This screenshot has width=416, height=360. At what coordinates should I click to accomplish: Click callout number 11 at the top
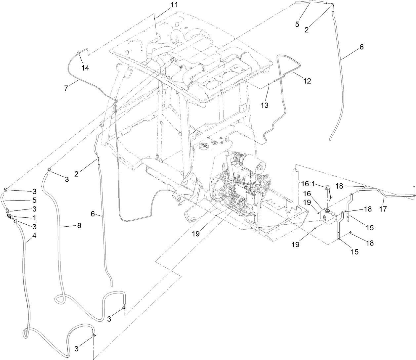(174, 5)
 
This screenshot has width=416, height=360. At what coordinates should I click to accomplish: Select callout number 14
(85, 68)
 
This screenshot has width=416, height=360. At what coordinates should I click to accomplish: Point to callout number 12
(307, 81)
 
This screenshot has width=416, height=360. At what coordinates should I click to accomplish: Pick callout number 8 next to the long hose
(79, 225)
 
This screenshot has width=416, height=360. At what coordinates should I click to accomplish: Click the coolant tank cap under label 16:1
(328, 188)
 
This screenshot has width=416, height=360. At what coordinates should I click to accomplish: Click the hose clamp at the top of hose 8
(50, 170)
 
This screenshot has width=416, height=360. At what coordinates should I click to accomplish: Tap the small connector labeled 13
(269, 85)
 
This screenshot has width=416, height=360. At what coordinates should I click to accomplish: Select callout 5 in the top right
(297, 24)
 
